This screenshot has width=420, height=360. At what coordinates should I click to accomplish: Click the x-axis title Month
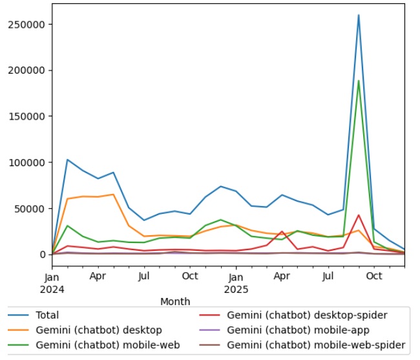pyautogui.click(x=174, y=301)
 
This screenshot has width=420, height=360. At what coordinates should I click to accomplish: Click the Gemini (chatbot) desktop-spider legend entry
pyautogui.click(x=307, y=315)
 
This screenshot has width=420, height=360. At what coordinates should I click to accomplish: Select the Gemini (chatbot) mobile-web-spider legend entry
pyautogui.click(x=316, y=346)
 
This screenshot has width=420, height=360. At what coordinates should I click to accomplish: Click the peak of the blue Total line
pyautogui.click(x=359, y=15)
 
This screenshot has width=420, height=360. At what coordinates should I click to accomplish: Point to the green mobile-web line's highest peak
pyautogui.click(x=359, y=81)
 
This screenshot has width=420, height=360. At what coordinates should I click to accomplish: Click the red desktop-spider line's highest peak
pyautogui.click(x=359, y=215)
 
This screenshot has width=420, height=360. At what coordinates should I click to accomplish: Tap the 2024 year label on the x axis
pyautogui.click(x=52, y=289)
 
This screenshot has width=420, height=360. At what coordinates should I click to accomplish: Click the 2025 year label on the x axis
pyautogui.click(x=236, y=289)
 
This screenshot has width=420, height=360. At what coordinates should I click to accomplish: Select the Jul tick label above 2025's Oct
pyautogui.click(x=328, y=276)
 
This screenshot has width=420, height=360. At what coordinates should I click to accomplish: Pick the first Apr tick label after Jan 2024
pyautogui.click(x=98, y=276)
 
